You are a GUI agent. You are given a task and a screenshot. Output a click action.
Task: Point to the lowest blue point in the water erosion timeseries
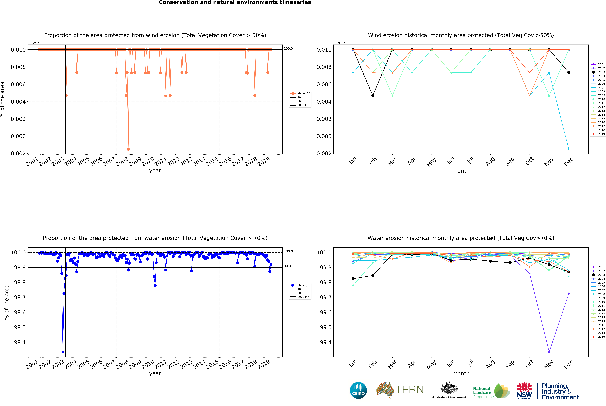tap(63, 352)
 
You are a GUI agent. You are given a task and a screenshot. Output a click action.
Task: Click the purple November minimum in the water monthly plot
tap(549, 352)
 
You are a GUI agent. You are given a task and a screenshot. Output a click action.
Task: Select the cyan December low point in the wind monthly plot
tap(569, 149)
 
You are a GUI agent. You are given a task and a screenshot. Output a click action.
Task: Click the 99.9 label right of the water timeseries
tap(287, 266)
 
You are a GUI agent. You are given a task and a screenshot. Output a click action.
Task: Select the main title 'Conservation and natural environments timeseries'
tap(235, 3)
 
